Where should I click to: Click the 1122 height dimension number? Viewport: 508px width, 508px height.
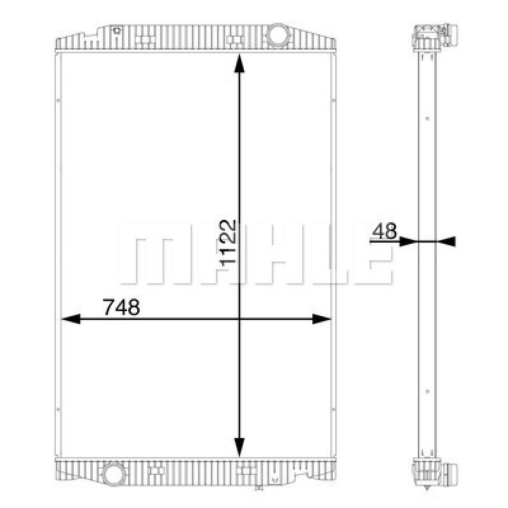[228, 243]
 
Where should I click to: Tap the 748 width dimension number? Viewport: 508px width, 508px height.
[121, 307]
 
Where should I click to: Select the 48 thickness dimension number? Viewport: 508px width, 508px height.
[385, 231]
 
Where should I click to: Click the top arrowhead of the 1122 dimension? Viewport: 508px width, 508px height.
[239, 63]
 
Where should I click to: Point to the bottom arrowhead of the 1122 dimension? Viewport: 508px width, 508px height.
[239, 447]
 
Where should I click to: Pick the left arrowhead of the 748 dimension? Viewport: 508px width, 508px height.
[70, 319]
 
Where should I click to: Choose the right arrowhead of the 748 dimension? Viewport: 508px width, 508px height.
[322, 319]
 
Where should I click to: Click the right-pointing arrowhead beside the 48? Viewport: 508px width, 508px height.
[408, 241]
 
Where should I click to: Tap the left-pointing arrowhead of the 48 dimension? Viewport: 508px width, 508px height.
[447, 241]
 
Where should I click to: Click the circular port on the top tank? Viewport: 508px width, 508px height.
[277, 35]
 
